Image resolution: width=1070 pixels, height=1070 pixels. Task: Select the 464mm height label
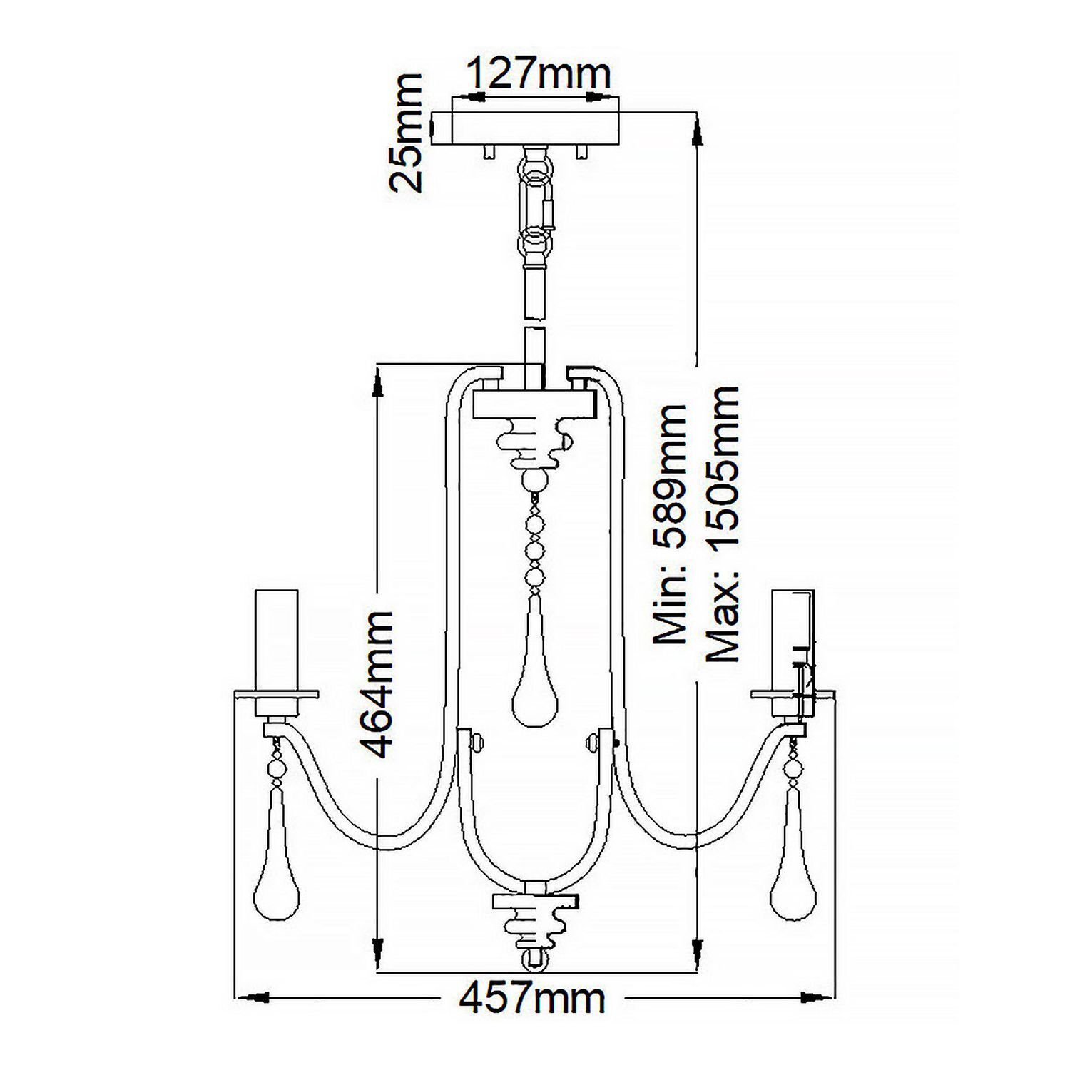point(376,684)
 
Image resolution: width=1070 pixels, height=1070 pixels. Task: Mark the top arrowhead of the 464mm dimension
point(377,382)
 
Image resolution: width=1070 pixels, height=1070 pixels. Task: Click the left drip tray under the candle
point(275,693)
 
